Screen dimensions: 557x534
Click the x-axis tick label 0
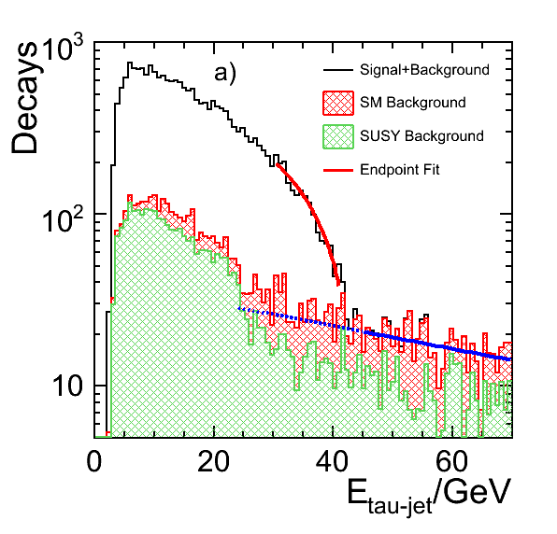click(94, 462)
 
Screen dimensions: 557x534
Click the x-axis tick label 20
click(213, 462)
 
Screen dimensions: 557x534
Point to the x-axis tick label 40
click(333, 462)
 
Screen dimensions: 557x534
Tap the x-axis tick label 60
click(451, 462)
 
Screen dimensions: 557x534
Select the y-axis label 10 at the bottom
click(67, 386)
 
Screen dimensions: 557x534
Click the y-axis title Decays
click(24, 98)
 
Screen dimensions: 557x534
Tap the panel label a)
click(225, 74)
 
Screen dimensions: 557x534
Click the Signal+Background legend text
click(424, 69)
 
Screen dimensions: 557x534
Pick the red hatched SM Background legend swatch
click(338, 103)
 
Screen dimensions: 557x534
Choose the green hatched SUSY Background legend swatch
click(338, 136)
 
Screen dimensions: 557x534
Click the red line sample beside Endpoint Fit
click(338, 170)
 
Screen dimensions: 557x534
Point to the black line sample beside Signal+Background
click(338, 70)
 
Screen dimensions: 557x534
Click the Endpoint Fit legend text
click(400, 170)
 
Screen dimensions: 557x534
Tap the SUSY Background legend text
click(421, 136)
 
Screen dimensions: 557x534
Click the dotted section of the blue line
click(302, 319)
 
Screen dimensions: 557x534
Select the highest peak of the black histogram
click(130, 63)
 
